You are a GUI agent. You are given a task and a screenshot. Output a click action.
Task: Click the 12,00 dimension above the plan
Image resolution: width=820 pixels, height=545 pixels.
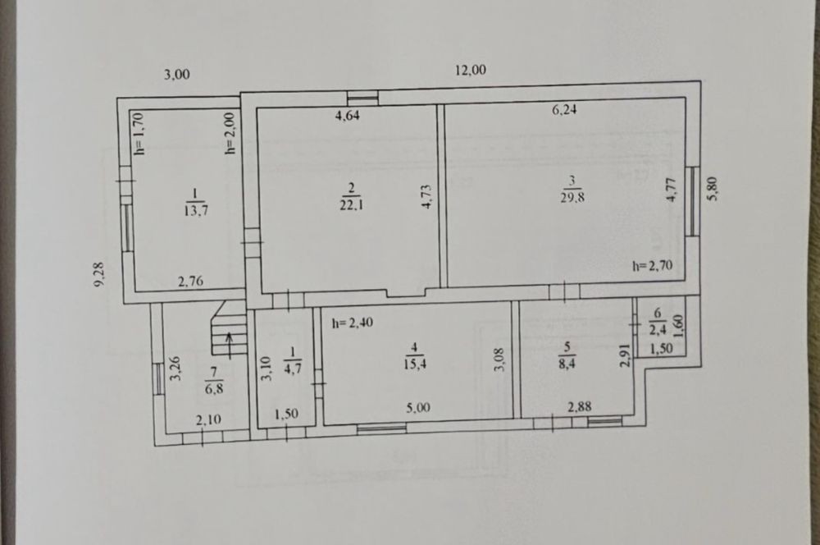(x=471, y=70)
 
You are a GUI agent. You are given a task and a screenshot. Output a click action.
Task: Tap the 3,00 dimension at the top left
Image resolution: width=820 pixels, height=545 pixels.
(x=177, y=75)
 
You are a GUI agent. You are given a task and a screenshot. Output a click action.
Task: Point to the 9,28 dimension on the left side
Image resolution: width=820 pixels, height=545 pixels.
(x=99, y=274)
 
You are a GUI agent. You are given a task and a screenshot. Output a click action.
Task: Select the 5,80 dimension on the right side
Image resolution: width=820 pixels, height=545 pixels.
(x=713, y=189)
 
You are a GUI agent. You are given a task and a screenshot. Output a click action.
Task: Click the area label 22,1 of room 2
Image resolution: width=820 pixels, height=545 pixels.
(x=352, y=204)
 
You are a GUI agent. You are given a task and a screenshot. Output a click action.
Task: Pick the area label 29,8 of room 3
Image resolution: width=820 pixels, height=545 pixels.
(x=572, y=198)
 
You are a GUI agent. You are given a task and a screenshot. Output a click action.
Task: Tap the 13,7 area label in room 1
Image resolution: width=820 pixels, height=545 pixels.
(x=197, y=210)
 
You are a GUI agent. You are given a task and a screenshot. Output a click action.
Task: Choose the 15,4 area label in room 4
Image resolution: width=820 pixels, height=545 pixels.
(x=414, y=364)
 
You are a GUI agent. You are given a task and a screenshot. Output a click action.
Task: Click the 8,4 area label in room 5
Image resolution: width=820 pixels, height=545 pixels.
(x=567, y=363)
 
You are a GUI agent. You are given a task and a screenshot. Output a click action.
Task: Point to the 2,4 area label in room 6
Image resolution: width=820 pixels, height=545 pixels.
(x=658, y=330)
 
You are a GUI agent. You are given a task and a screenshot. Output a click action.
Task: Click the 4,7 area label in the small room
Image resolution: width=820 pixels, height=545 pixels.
(x=293, y=368)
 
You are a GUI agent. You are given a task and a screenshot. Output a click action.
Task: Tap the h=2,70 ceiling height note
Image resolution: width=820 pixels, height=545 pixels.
(x=652, y=265)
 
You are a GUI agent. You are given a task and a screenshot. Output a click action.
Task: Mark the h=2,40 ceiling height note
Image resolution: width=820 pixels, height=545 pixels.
(x=353, y=323)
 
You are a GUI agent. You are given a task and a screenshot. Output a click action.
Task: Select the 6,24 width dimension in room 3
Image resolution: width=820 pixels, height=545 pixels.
(x=564, y=110)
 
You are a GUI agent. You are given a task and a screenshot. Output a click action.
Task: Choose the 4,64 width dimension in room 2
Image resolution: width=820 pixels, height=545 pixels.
(x=347, y=115)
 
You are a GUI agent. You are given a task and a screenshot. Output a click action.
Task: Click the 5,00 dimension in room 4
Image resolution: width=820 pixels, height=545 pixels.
(x=418, y=407)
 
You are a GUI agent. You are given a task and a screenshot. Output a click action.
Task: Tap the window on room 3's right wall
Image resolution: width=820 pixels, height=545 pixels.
(x=692, y=201)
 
